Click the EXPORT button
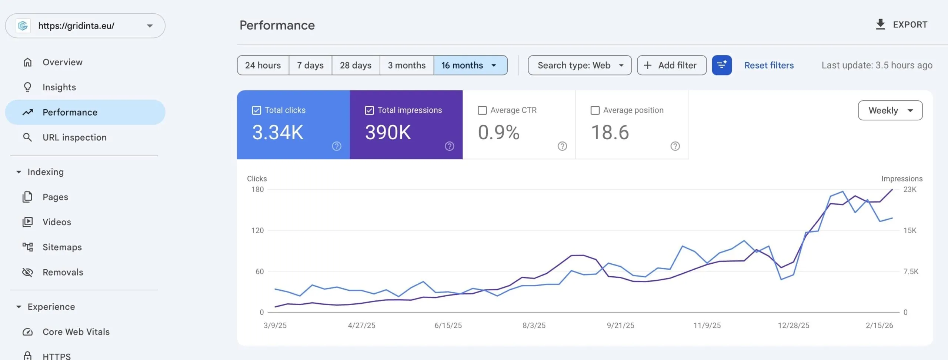coord(901,24)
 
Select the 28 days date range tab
coord(355,65)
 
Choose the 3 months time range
coord(406,65)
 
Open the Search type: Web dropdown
coord(580,65)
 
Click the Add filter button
coord(671,65)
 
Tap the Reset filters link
coord(769,65)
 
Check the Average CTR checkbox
coord(482,110)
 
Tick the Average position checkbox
coord(595,110)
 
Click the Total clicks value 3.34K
coord(278,132)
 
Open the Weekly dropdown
coord(890,110)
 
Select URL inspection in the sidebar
coord(74,137)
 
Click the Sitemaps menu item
coord(62,247)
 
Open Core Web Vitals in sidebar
coord(76,331)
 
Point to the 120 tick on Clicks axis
coord(257,230)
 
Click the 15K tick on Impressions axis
coord(909,230)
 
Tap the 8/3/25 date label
coord(534,325)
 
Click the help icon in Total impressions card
coord(449,146)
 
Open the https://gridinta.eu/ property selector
coord(85,26)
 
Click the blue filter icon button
coord(721,65)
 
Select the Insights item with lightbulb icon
coord(59,87)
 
